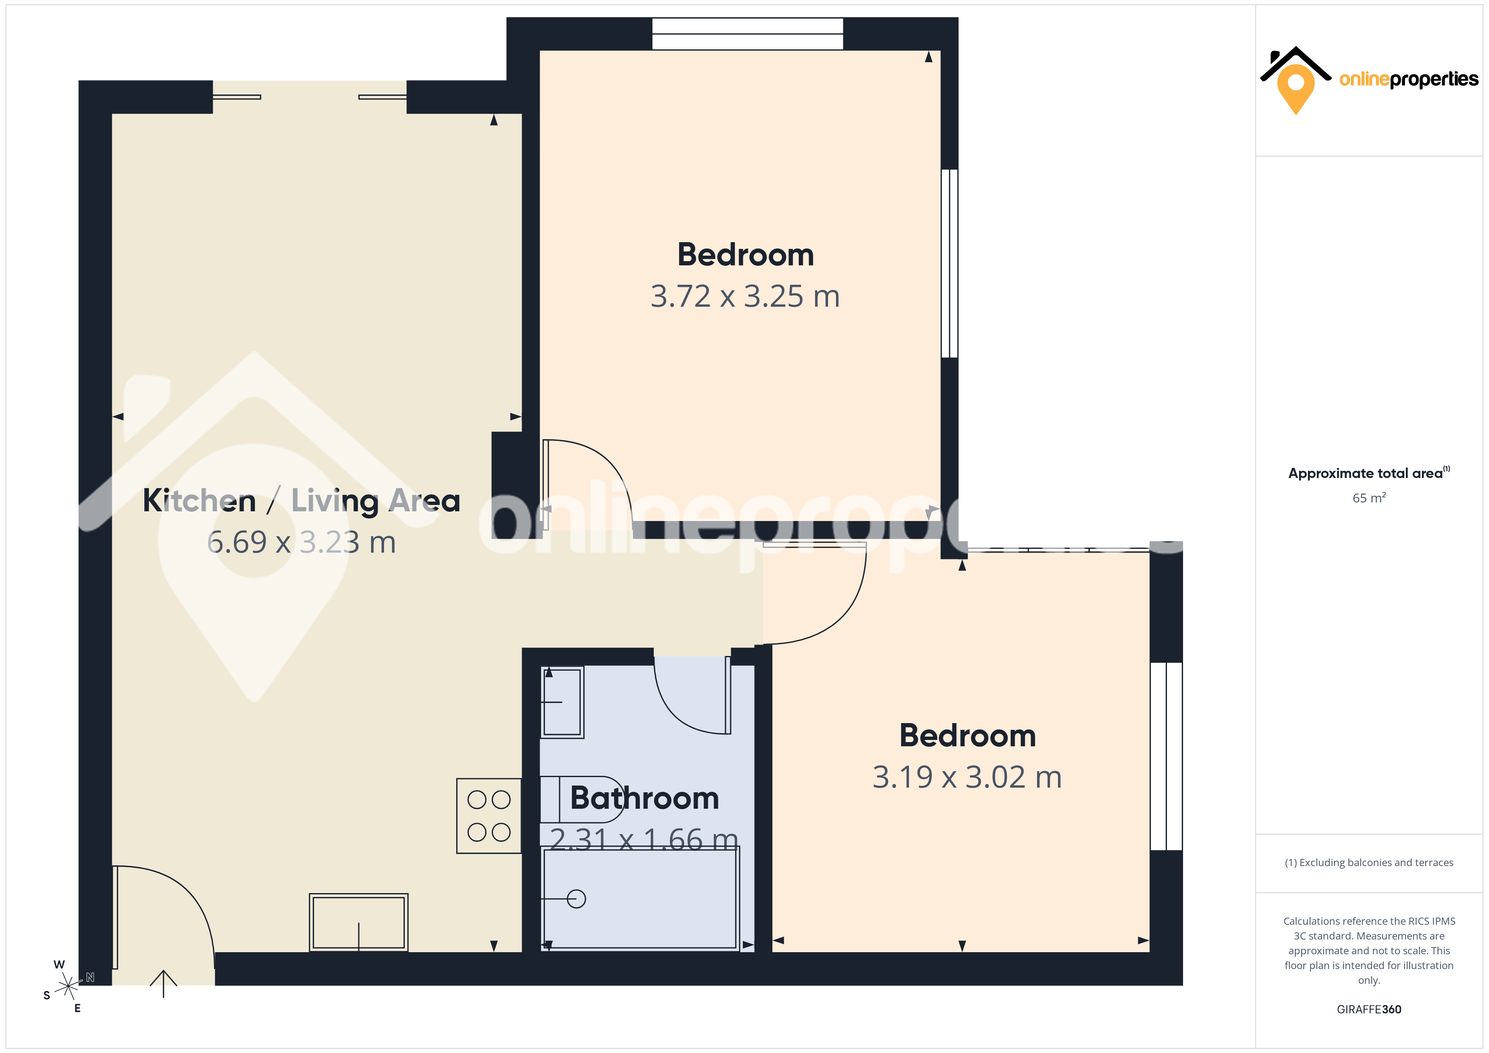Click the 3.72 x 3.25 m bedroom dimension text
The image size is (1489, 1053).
coord(745,296)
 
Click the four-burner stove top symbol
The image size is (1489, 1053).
coord(489,815)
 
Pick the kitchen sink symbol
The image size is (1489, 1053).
coord(359,922)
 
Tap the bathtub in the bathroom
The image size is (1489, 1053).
coord(640,899)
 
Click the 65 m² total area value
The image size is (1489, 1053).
coord(1369,497)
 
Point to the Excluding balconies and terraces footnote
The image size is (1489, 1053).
coord(1369,862)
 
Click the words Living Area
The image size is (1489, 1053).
coord(376,501)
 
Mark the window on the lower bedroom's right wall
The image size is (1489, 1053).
coord(1166,756)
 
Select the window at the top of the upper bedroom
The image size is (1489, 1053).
coord(748,34)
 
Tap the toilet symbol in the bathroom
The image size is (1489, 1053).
coord(582,799)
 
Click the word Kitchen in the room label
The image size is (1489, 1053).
coord(200,501)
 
